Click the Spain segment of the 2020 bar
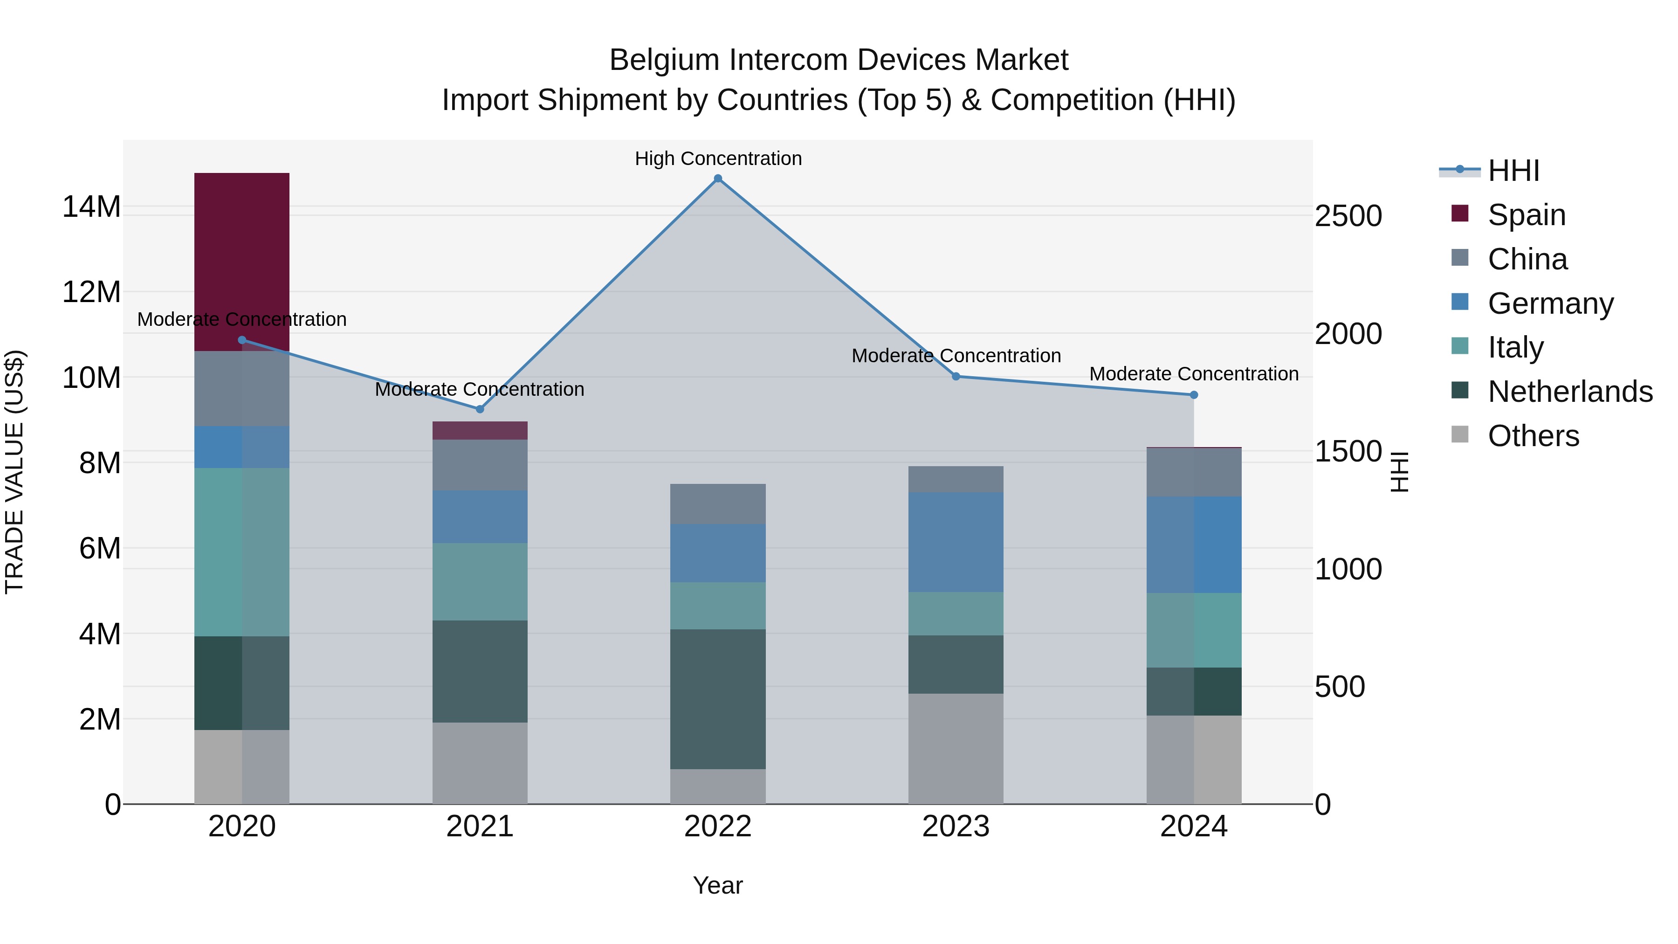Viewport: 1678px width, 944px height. (x=241, y=261)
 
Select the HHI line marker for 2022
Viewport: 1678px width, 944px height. (x=718, y=179)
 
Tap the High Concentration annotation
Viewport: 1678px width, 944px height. (x=718, y=158)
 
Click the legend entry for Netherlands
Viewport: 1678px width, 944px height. (x=1570, y=392)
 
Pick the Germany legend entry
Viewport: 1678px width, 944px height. (x=1550, y=303)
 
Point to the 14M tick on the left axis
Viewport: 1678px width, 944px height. (x=91, y=207)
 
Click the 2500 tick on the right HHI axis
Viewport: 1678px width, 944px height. (x=1348, y=216)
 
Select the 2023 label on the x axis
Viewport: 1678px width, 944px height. (x=956, y=827)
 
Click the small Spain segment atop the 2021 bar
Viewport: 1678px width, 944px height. (x=480, y=431)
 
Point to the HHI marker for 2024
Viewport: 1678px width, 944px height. (x=1193, y=395)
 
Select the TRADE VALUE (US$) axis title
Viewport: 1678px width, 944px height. (x=14, y=472)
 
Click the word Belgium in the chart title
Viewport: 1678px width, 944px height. (x=664, y=60)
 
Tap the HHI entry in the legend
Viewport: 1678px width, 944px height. (x=1513, y=171)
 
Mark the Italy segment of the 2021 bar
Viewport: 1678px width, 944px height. (x=480, y=581)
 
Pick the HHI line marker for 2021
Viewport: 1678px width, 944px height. (x=480, y=409)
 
